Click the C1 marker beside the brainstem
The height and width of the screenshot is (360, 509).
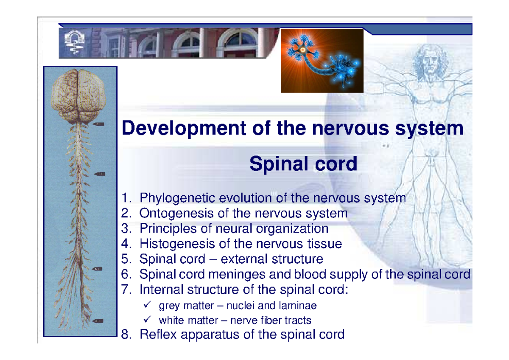tap(98, 124)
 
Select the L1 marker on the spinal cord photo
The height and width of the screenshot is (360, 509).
tap(98, 269)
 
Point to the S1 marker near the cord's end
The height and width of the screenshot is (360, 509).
tap(98, 321)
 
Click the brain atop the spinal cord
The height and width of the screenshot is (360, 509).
tap(78, 93)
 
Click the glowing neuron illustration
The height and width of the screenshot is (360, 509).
tap(322, 60)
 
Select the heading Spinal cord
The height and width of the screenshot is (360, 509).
tap(303, 164)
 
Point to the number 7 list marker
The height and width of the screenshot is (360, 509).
tap(126, 290)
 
